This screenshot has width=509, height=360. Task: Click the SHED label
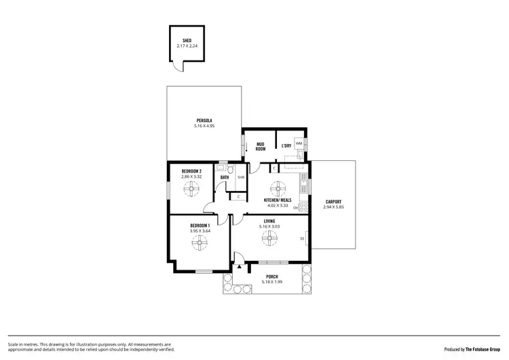(x=187, y=40)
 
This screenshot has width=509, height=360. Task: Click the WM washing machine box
(x=299, y=143)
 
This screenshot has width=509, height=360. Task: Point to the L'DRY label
(x=286, y=147)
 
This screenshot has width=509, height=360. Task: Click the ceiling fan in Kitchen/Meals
(x=276, y=188)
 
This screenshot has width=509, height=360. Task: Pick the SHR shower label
(x=240, y=178)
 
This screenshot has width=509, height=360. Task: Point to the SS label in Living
(x=302, y=238)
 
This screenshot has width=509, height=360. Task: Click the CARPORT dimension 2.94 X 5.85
(x=333, y=206)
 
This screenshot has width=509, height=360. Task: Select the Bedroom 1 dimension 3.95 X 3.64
(x=200, y=230)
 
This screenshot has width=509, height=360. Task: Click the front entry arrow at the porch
(x=238, y=268)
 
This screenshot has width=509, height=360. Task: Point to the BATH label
(x=224, y=179)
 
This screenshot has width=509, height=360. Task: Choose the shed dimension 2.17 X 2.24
(x=187, y=46)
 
